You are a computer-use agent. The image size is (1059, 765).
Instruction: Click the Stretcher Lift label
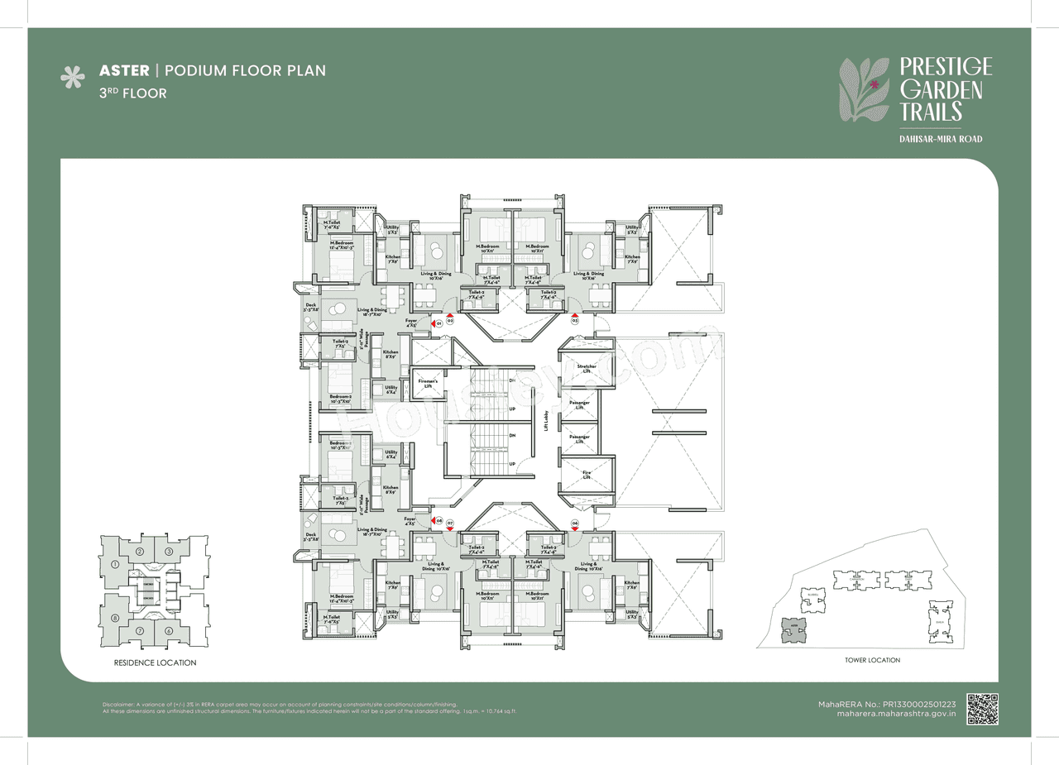click(587, 369)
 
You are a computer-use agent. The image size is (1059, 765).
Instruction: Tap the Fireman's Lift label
click(427, 383)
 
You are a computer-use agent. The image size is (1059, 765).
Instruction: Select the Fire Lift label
click(586, 475)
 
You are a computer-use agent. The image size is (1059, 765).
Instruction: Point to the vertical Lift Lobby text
click(547, 422)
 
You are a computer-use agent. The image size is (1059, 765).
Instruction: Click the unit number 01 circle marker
click(439, 323)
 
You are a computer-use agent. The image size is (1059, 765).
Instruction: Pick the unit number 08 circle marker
click(439, 521)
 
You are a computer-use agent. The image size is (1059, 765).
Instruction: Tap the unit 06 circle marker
click(574, 523)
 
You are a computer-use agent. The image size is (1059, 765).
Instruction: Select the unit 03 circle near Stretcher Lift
click(574, 319)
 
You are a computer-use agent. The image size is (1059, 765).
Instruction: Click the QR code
click(982, 709)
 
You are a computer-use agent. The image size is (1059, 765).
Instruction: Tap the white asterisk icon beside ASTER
click(73, 78)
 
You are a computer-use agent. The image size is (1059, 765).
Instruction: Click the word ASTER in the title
click(124, 70)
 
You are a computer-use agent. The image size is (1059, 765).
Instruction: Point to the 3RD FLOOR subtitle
click(132, 93)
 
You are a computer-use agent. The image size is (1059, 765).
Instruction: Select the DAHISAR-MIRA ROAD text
click(941, 139)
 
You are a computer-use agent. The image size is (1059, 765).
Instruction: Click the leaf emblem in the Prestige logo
click(865, 91)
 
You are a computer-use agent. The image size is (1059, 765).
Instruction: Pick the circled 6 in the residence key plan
click(168, 631)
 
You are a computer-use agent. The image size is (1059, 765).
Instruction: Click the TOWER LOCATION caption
click(872, 660)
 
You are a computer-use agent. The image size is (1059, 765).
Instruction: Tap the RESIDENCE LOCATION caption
click(155, 662)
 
